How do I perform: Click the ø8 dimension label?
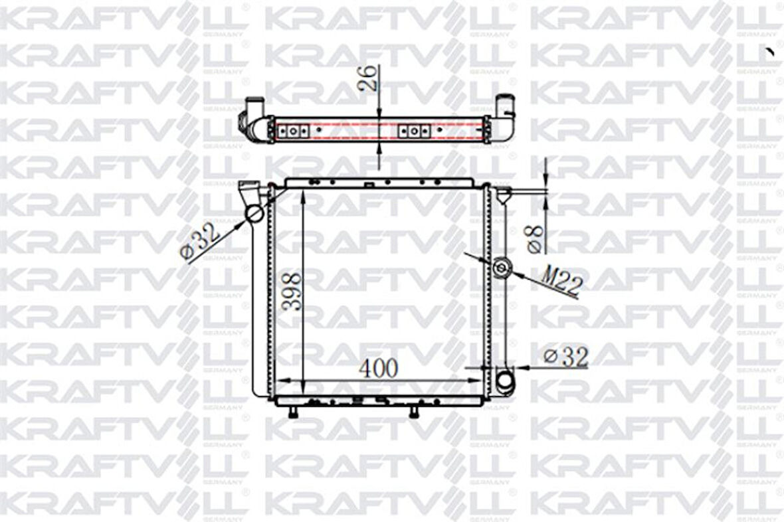click(536, 238)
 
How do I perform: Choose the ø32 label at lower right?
click(566, 357)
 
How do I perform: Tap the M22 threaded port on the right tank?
click(502, 268)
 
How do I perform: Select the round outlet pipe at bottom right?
click(505, 379)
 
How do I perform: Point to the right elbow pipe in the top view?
click(504, 116)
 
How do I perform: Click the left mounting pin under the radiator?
click(292, 412)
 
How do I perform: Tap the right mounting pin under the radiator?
click(413, 412)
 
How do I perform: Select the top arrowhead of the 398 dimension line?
click(302, 193)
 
